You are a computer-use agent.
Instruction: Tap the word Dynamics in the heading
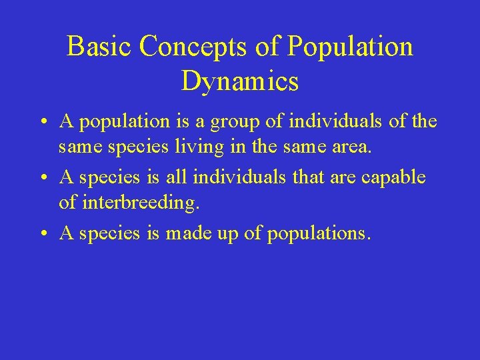[240, 81]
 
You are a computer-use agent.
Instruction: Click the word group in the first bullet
[227, 122]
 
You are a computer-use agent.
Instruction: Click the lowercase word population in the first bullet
[116, 122]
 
